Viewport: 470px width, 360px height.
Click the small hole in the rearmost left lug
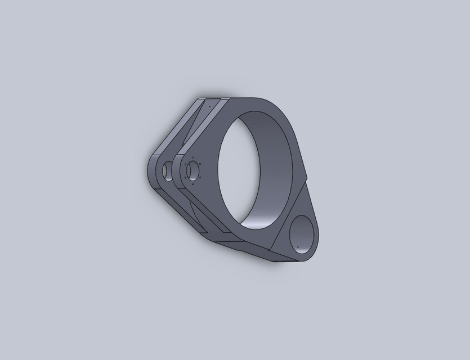click(167, 170)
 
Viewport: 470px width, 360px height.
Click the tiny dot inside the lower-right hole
click(297, 246)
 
